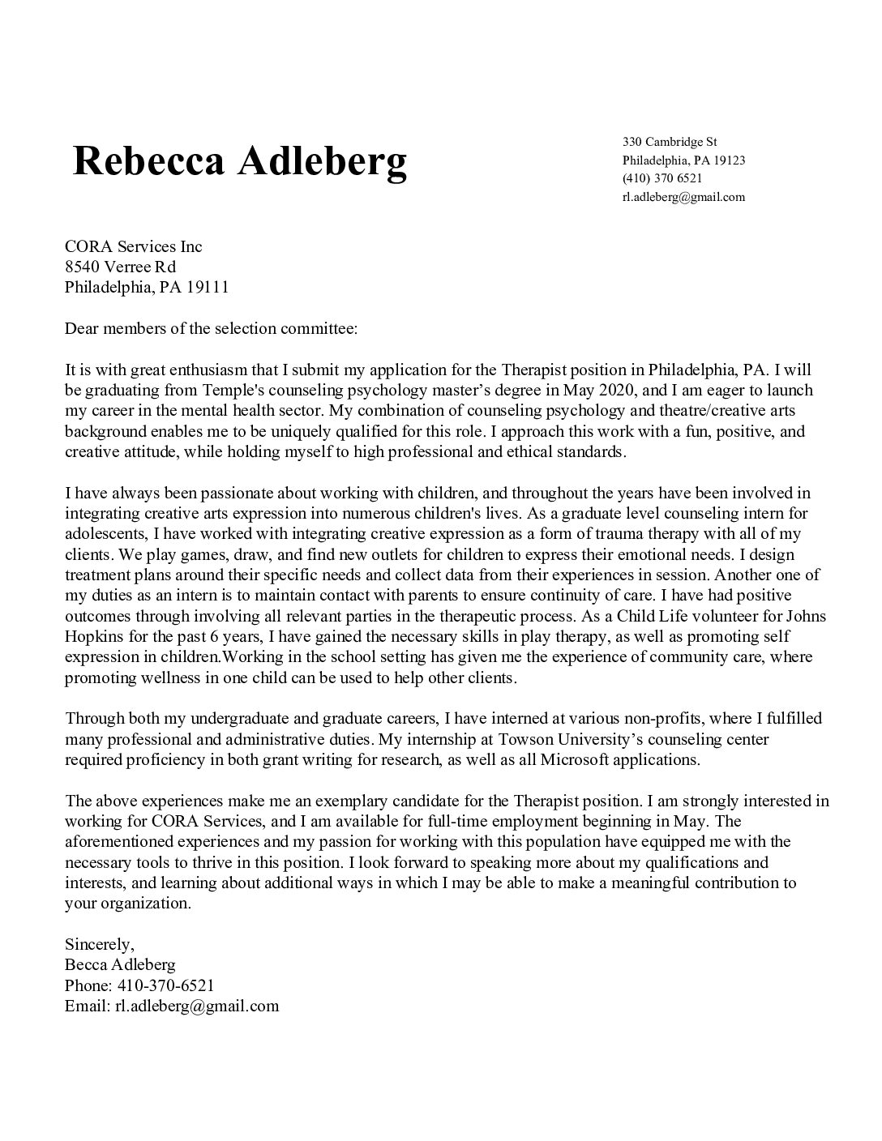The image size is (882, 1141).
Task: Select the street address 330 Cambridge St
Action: (x=664, y=142)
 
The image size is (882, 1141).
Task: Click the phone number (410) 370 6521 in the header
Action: (x=662, y=178)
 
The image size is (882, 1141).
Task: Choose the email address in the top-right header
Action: (x=683, y=197)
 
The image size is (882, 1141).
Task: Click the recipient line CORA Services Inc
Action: (x=133, y=246)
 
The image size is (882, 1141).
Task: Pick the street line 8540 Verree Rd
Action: (x=120, y=267)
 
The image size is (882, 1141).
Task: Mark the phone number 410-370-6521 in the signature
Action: (x=165, y=986)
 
